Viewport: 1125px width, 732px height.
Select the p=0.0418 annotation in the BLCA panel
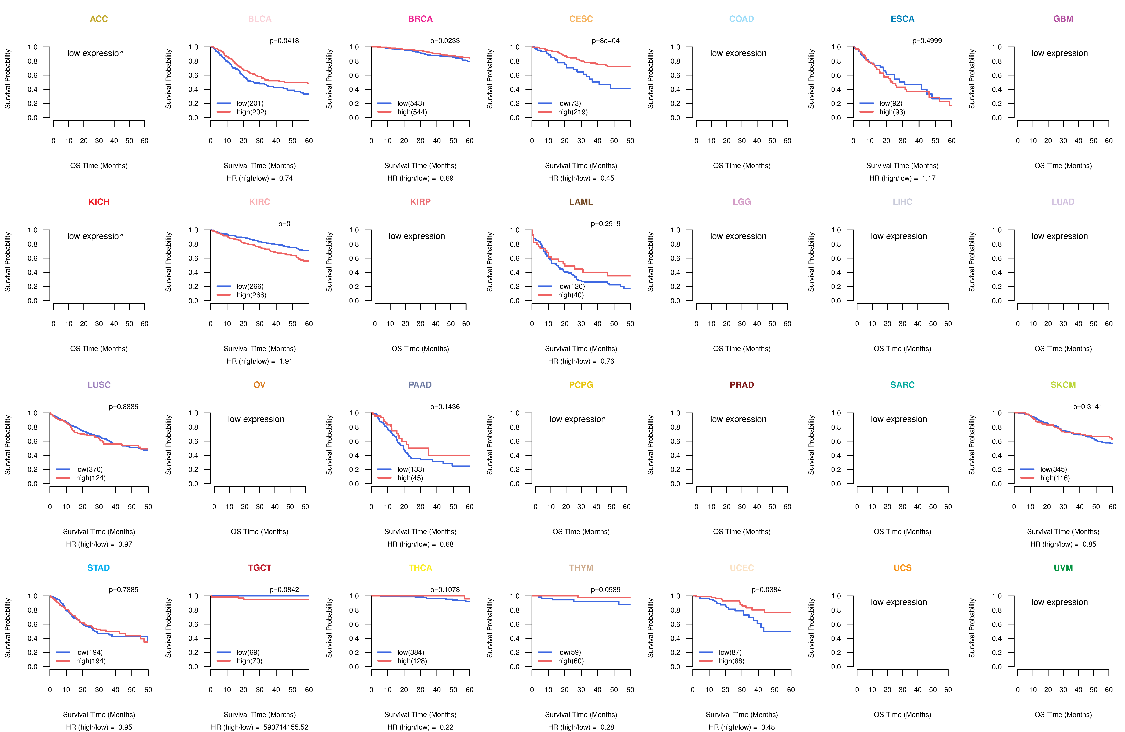(x=284, y=41)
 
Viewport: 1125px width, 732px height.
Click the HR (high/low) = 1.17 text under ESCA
(x=902, y=178)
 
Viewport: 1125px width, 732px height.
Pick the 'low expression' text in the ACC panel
(x=95, y=53)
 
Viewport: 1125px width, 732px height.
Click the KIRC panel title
(x=259, y=202)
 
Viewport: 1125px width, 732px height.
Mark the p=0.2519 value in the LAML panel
(x=605, y=224)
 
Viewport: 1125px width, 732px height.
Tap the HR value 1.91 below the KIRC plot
(x=286, y=361)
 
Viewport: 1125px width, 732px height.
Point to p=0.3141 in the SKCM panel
(x=1088, y=407)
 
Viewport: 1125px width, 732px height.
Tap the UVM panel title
(x=1063, y=568)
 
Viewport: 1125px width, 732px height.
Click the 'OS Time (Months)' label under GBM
(x=1063, y=166)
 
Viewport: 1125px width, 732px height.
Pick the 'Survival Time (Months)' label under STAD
(x=99, y=715)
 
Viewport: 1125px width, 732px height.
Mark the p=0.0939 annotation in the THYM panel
(x=605, y=590)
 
